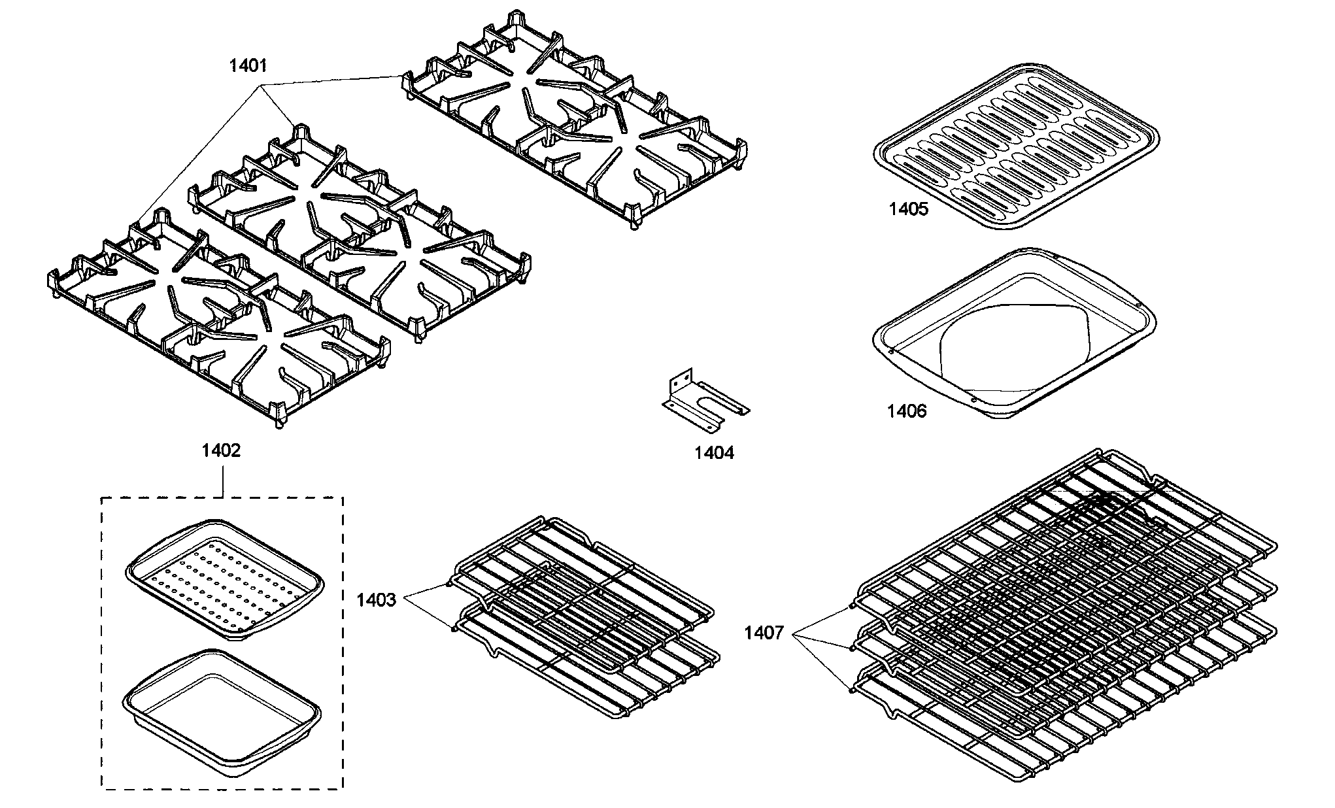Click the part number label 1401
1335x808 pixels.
tap(248, 65)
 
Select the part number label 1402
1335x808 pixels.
tap(221, 451)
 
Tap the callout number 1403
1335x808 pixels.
tap(376, 600)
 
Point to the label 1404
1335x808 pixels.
tap(714, 452)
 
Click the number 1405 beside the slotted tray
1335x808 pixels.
tap(908, 209)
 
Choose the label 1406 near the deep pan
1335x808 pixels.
tap(906, 411)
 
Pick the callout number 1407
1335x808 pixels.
tap(764, 633)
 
